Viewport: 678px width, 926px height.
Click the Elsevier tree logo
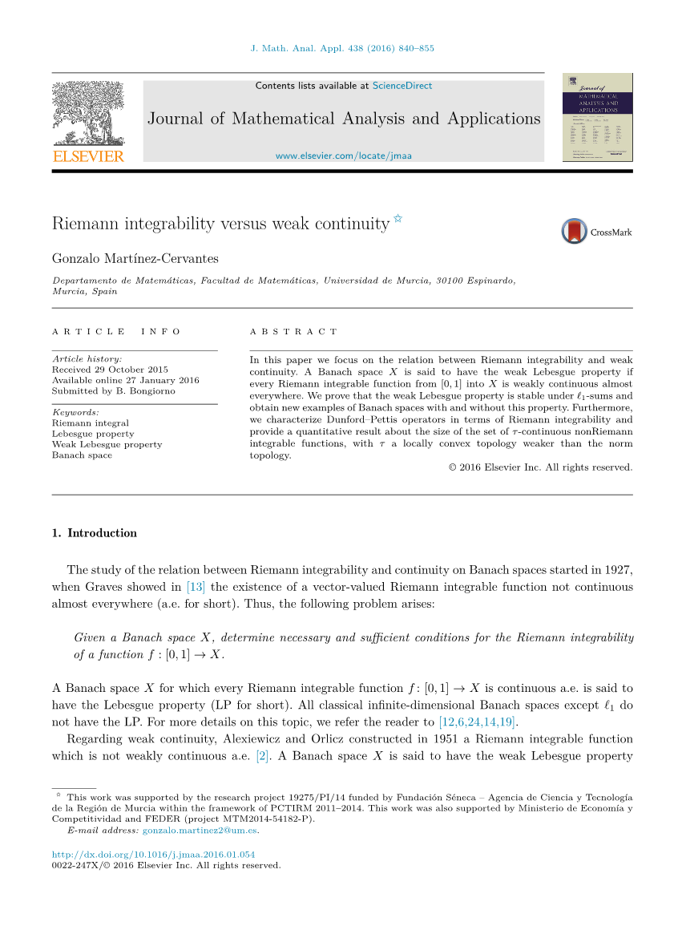point(88,113)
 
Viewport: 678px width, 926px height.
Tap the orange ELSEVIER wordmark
point(88,156)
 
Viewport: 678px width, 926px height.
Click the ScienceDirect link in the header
point(402,86)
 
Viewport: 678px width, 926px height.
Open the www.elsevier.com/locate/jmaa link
point(343,156)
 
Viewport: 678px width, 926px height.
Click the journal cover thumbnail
point(598,118)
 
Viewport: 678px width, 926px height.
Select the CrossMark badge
point(596,232)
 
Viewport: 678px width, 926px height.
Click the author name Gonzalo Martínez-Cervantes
point(135,258)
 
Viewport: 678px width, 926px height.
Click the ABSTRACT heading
point(293,332)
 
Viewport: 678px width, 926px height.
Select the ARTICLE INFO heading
point(116,332)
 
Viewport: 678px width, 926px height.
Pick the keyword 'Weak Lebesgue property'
point(107,444)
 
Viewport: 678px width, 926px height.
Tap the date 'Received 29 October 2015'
point(111,370)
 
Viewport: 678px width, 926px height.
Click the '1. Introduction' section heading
point(94,533)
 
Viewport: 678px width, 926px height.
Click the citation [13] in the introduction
point(196,587)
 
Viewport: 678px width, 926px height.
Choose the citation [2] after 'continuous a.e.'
point(261,756)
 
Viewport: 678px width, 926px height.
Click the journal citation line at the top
point(343,48)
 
